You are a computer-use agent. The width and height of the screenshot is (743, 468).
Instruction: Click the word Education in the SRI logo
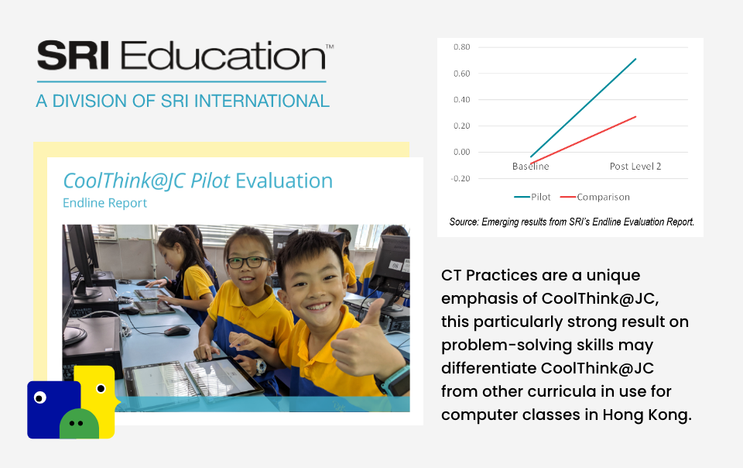(x=223, y=56)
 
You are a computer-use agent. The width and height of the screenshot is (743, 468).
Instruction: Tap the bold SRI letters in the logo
(x=74, y=56)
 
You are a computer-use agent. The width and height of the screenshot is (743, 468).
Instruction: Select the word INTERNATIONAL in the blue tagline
(x=262, y=101)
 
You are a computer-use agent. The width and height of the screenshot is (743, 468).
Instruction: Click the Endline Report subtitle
(x=104, y=203)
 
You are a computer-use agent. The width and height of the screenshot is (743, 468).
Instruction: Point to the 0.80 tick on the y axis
(x=461, y=47)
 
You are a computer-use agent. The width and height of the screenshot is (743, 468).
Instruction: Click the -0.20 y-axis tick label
(x=460, y=178)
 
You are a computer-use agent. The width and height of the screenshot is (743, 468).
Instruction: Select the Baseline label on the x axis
(x=530, y=167)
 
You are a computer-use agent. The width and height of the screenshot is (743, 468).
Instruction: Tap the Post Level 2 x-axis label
(x=635, y=167)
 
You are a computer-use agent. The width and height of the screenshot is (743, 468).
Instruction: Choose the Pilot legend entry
(x=532, y=197)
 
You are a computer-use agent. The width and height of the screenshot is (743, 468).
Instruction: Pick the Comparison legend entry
(x=595, y=197)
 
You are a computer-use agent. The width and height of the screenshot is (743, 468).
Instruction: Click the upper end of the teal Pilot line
(x=635, y=59)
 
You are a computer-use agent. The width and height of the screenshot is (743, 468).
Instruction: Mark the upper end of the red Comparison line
(x=635, y=117)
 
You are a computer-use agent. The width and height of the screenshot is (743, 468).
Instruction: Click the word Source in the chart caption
(x=464, y=222)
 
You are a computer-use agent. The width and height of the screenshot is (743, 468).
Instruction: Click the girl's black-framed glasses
(x=248, y=262)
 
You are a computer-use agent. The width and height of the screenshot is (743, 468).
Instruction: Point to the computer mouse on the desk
(x=176, y=331)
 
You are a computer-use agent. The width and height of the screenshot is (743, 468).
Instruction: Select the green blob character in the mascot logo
(x=79, y=424)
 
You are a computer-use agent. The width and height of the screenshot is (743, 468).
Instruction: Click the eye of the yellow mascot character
(x=101, y=389)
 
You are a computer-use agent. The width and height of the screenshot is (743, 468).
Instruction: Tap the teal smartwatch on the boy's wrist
(x=395, y=380)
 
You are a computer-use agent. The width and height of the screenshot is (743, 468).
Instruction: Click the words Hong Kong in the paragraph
(x=647, y=415)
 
